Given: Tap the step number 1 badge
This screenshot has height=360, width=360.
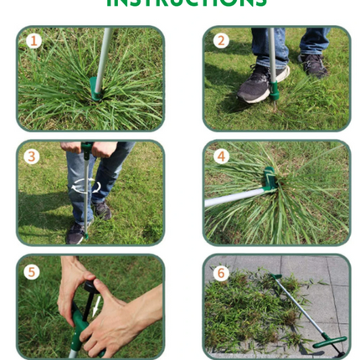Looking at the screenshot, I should (x=33, y=40).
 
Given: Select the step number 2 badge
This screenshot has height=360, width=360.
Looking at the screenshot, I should (x=221, y=40).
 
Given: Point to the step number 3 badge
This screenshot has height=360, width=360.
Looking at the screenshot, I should (x=32, y=156).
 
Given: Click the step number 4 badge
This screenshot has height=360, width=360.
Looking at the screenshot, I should (x=221, y=156).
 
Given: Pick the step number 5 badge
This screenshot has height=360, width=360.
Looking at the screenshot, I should (x=32, y=271).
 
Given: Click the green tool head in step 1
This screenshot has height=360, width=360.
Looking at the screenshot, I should (x=95, y=88).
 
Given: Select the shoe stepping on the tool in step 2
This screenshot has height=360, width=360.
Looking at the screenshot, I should (x=260, y=84).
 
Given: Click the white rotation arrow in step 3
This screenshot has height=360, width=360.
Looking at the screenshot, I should (x=85, y=186).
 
